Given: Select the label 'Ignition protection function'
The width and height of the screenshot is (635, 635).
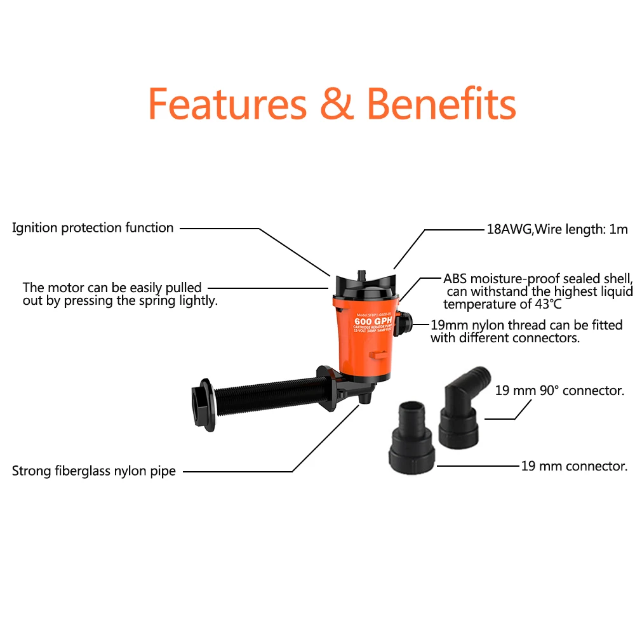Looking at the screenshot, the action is pos(93,228).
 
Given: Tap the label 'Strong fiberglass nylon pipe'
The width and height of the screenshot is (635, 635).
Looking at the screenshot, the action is pos(94,471).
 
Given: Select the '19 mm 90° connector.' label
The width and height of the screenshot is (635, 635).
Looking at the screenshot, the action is pos(559,391).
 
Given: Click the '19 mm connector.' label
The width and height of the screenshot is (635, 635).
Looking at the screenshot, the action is pos(574,467).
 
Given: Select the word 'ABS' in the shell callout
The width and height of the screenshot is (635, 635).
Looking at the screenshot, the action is pos(455,279).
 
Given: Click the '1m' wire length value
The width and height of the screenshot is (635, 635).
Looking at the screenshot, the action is pos(618,229).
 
